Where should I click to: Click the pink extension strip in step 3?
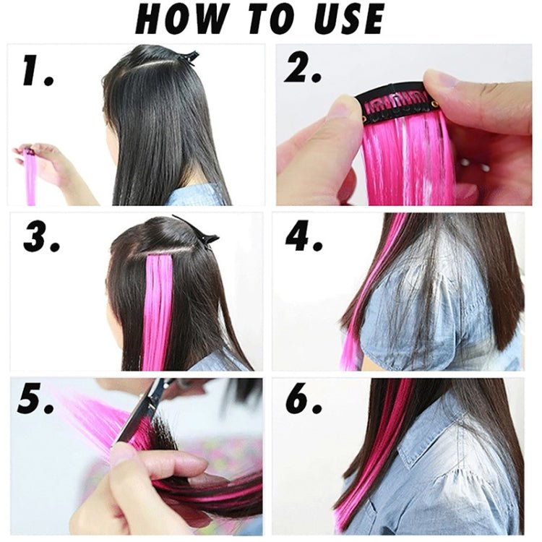(158, 304)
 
